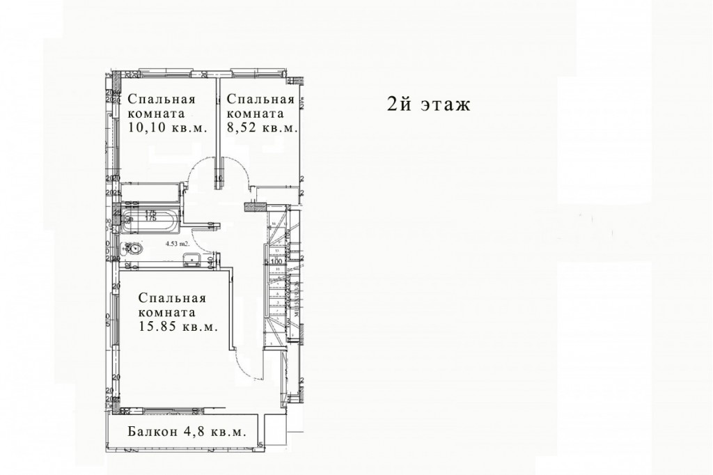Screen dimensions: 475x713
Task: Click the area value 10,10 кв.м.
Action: pos(168,127)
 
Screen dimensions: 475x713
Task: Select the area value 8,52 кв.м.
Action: pos(263,127)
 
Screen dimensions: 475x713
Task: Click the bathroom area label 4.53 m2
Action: pos(177,244)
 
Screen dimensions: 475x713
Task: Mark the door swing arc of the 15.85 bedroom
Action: pos(244,362)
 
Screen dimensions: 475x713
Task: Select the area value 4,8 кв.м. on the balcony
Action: pos(215,431)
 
